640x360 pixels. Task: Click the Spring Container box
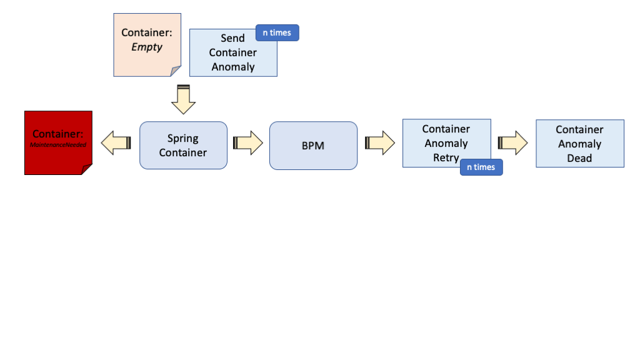point(183,145)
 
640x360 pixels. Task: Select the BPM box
point(313,146)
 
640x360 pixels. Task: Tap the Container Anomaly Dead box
point(579,144)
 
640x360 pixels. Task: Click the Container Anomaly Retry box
point(437,142)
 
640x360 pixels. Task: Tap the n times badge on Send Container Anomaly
point(277,33)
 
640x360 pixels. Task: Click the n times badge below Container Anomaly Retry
point(481,167)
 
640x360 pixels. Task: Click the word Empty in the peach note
point(147,47)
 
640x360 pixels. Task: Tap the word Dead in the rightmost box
point(579,158)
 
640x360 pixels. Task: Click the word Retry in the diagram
point(446,157)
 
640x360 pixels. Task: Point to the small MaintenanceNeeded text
point(57,144)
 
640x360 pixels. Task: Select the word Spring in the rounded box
point(182,138)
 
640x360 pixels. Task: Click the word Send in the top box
point(232,38)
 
